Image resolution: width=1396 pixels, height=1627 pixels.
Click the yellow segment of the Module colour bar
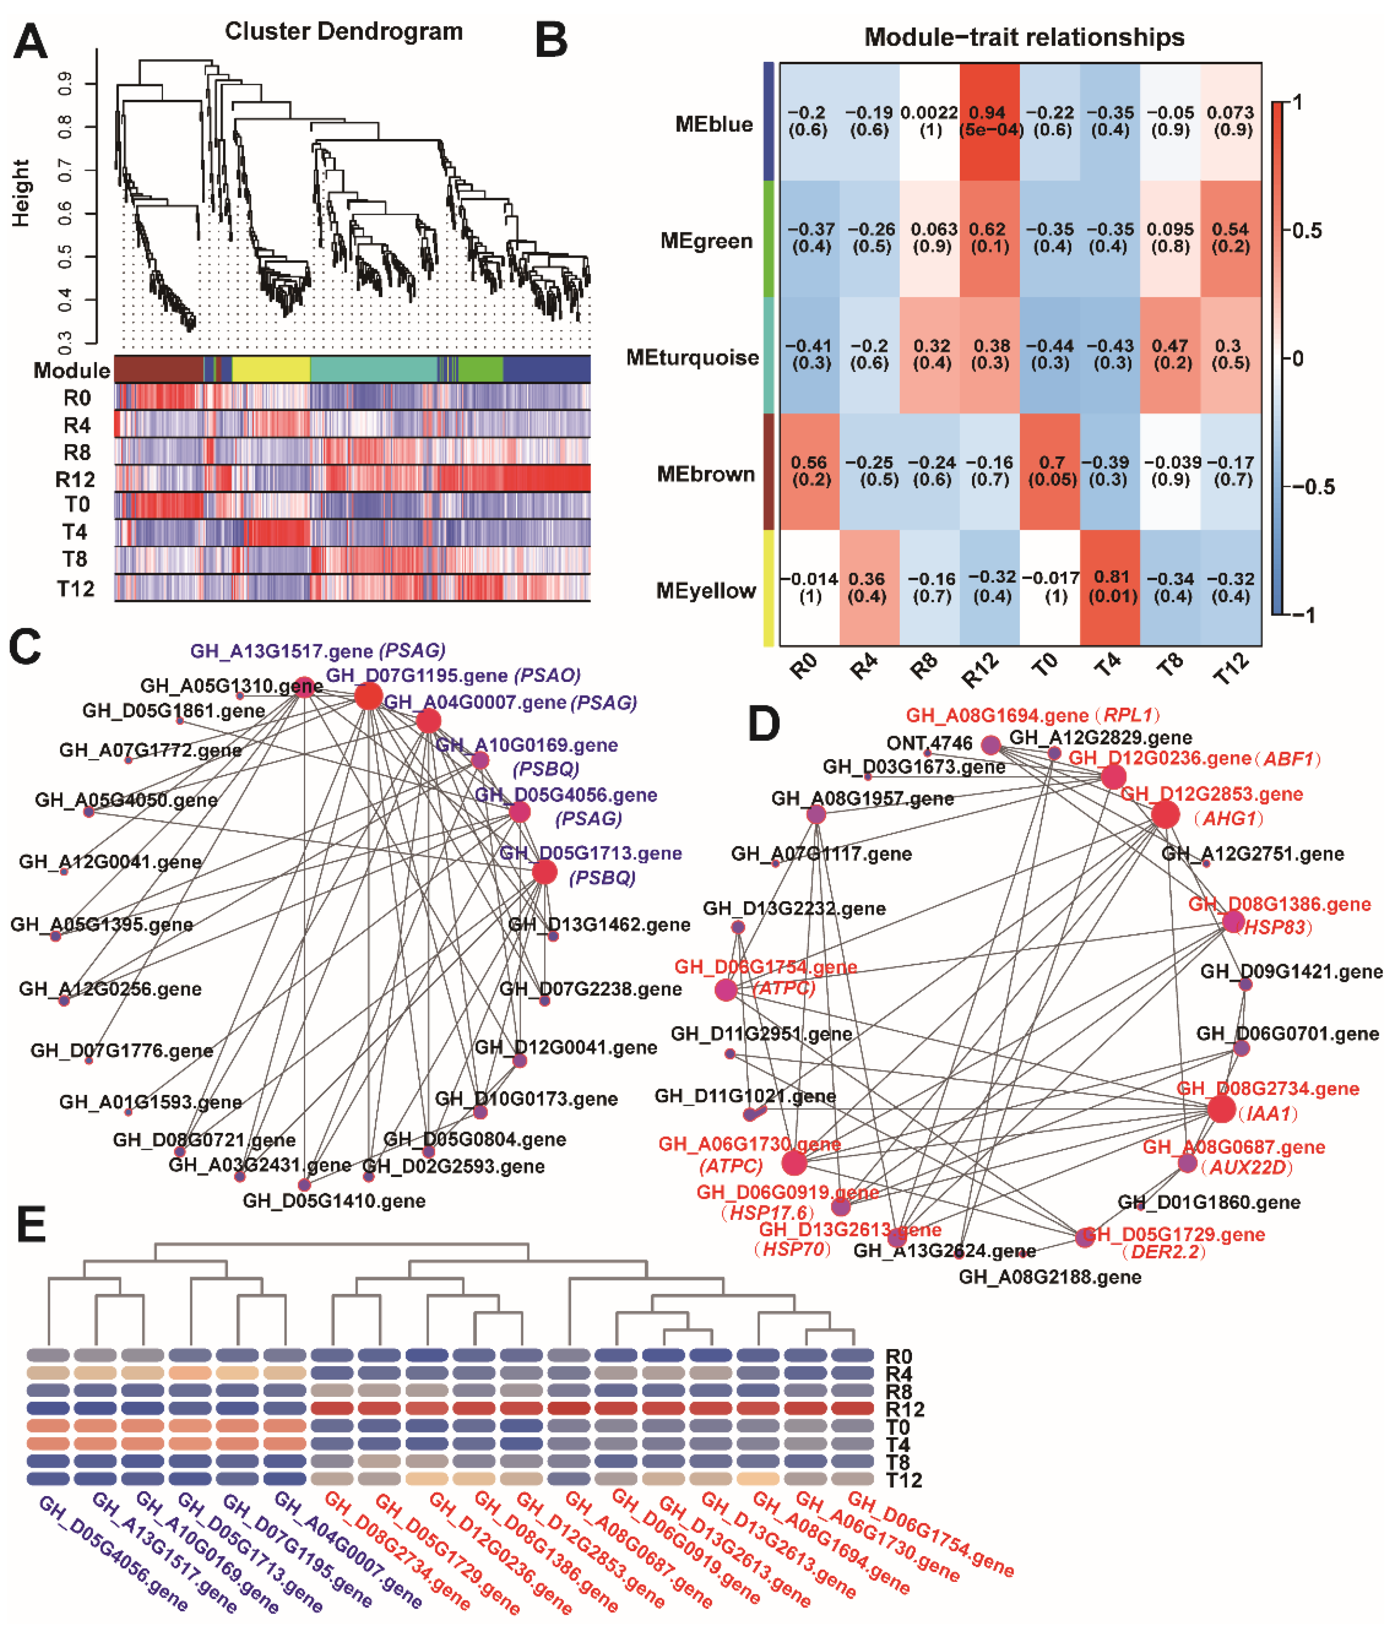(271, 369)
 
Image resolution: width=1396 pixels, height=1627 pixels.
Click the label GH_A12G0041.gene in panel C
(110, 862)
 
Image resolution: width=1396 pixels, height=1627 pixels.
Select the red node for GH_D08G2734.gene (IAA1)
(1221, 1109)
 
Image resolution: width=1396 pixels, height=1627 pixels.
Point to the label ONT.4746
(929, 742)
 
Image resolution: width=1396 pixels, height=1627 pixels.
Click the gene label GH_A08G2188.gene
(1050, 1277)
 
